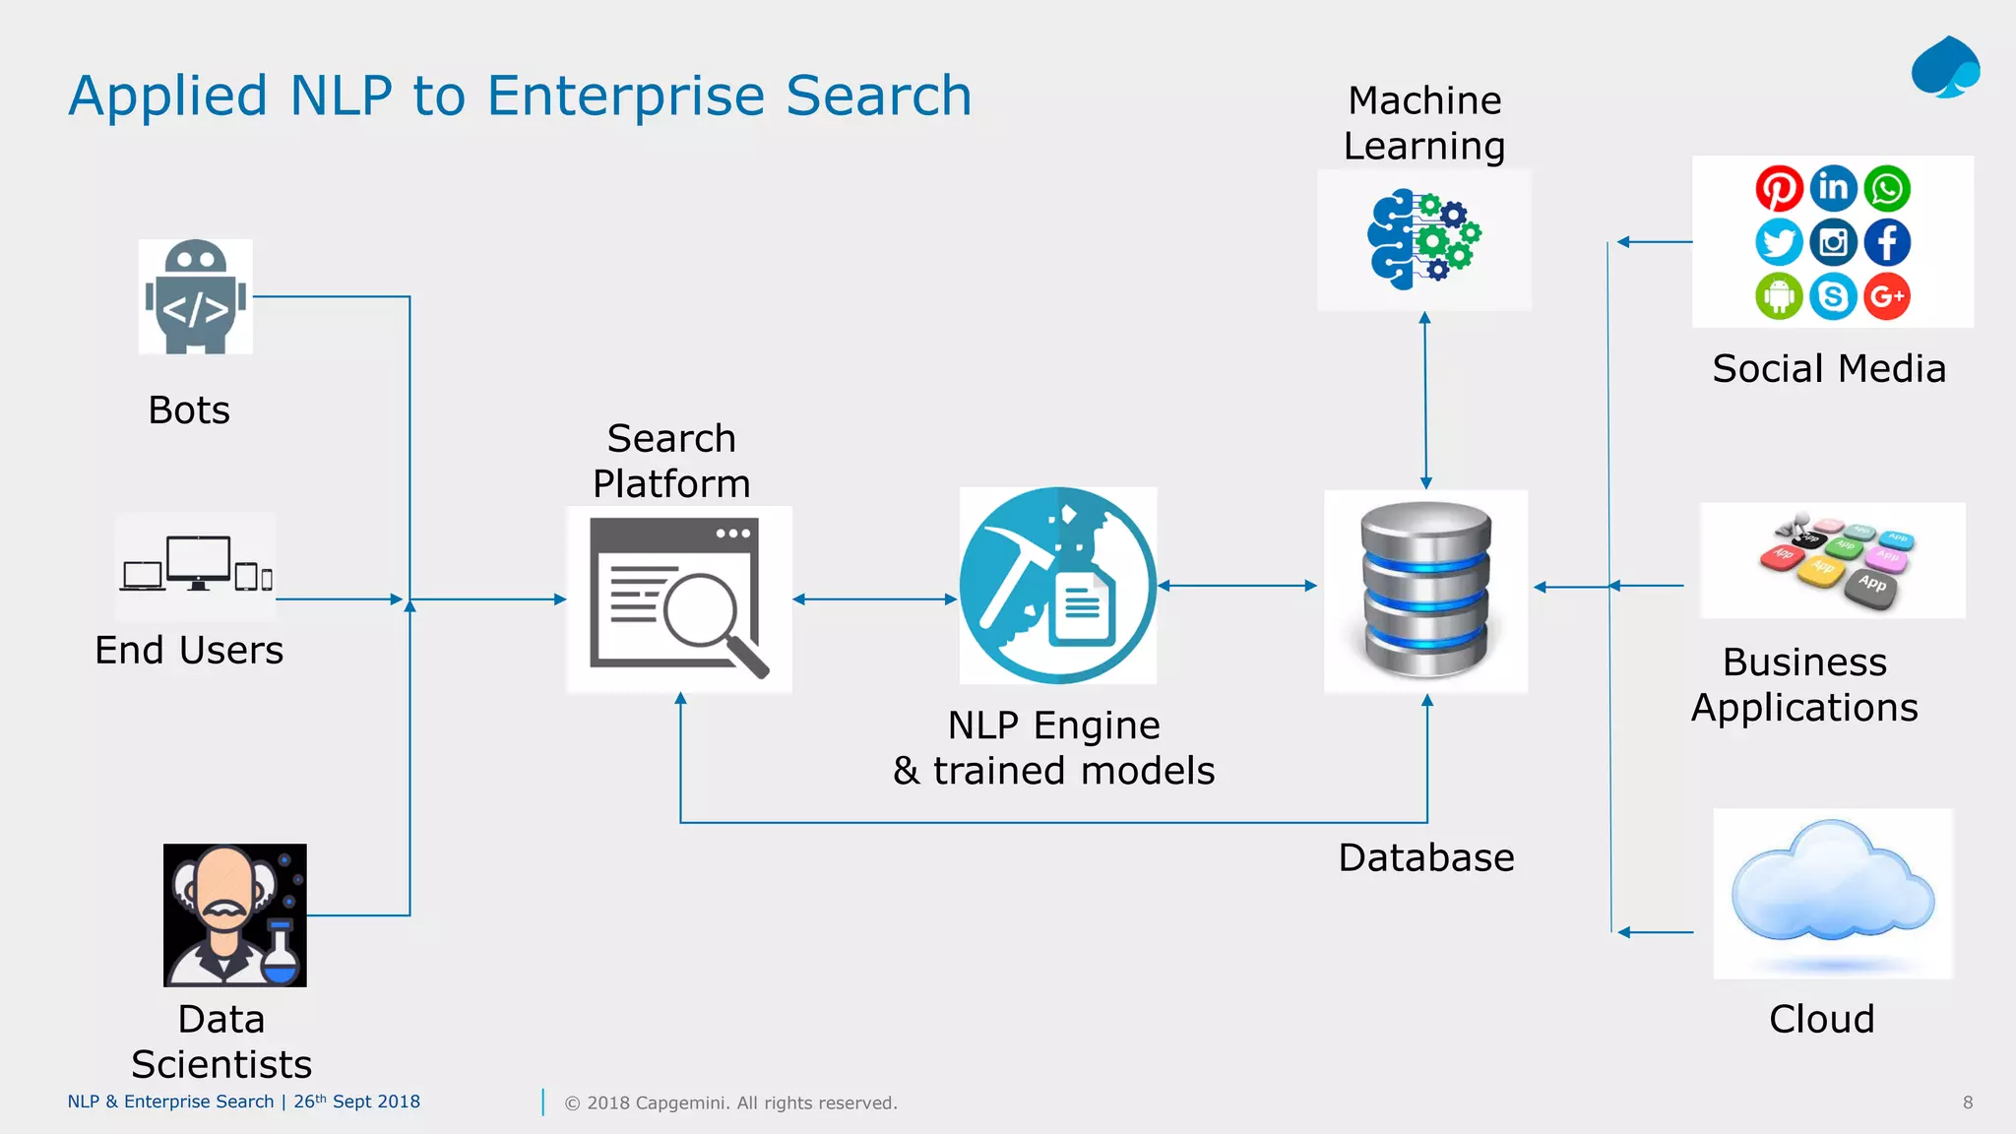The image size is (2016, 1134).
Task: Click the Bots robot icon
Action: (x=196, y=296)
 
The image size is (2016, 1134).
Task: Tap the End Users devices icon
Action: (x=196, y=565)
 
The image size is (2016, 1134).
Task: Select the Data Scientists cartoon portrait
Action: (x=235, y=915)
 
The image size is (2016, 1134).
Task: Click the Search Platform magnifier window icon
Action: (x=679, y=599)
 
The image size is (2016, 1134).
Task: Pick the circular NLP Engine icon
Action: (x=1058, y=586)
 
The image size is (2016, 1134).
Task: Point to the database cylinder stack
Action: (x=1426, y=591)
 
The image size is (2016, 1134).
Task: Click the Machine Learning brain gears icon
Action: (x=1424, y=240)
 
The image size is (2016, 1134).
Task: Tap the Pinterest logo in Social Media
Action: (x=1779, y=189)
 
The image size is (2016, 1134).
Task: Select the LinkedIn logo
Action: (x=1833, y=188)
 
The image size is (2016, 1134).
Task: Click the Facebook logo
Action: (x=1887, y=242)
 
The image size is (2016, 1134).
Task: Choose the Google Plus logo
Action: (x=1887, y=296)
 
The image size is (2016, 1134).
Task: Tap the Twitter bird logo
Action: (x=1779, y=242)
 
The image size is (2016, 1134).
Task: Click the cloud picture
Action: (x=1833, y=892)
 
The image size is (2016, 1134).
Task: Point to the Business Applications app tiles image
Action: (x=1834, y=561)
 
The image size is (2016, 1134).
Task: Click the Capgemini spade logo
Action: (x=1945, y=68)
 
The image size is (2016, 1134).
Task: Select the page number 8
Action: (x=1968, y=1102)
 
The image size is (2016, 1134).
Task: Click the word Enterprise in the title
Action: (x=626, y=96)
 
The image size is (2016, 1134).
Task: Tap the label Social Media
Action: (x=1829, y=369)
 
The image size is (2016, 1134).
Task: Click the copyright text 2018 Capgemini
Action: (x=730, y=1103)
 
